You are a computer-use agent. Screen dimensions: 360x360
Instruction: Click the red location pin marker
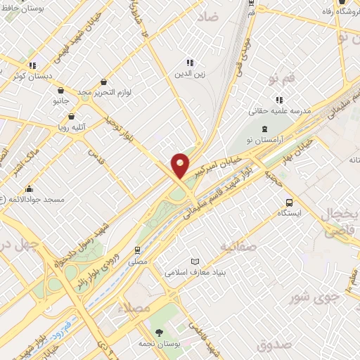181,165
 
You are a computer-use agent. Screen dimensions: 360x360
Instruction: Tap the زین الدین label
190,72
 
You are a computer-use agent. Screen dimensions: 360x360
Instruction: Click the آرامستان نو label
265,140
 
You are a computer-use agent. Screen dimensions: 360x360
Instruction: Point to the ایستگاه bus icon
290,202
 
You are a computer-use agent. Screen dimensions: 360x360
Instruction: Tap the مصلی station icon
138,250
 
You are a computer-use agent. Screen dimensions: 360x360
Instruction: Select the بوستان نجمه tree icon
159,332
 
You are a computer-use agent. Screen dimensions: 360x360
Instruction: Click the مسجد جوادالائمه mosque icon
29,189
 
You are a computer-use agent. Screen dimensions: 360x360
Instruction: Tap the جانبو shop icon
60,91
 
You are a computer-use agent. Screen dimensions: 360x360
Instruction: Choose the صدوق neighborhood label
274,345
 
